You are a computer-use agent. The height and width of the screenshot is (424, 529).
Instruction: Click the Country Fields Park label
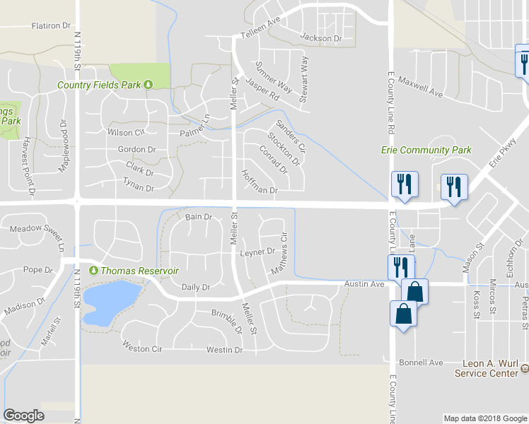pos(99,86)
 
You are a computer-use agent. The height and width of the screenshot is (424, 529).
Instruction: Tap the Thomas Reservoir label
pos(139,271)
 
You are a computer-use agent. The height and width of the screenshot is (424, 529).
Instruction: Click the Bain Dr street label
pos(199,217)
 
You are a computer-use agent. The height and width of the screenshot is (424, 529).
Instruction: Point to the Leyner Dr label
pos(257,252)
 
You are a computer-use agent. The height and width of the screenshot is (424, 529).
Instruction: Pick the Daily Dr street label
pos(196,288)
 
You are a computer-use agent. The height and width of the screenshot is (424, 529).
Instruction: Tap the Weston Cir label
pos(142,348)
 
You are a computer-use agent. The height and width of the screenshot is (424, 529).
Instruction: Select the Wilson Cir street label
pos(125,132)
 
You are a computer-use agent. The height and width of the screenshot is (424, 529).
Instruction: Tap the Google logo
pos(23,416)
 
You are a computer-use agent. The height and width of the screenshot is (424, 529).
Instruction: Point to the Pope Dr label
pos(38,270)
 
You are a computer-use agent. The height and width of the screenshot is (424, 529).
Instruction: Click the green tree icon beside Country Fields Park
pos(149,86)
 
